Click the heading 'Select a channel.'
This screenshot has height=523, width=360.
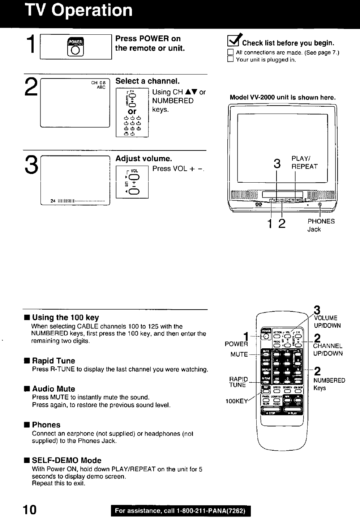tap(147, 81)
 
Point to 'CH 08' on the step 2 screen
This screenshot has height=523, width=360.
tap(98, 82)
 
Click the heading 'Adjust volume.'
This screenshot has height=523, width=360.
tap(143, 159)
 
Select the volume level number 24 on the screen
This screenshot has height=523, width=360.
tap(53, 201)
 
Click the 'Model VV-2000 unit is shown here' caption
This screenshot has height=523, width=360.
tap(283, 98)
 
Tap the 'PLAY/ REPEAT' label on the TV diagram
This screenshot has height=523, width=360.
tap(304, 163)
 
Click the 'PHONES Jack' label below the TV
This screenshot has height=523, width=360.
tap(321, 225)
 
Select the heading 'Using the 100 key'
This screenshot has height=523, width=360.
tap(65, 318)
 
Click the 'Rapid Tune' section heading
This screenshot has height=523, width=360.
tap(53, 361)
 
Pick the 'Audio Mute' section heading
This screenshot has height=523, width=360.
tap(53, 389)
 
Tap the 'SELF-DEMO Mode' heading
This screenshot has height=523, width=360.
tap(67, 460)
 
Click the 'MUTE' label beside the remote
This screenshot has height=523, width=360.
tap(239, 354)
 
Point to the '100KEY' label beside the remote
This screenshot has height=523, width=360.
tap(237, 401)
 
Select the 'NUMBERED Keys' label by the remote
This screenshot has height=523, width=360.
tap(329, 384)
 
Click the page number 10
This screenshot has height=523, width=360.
tap(29, 510)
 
